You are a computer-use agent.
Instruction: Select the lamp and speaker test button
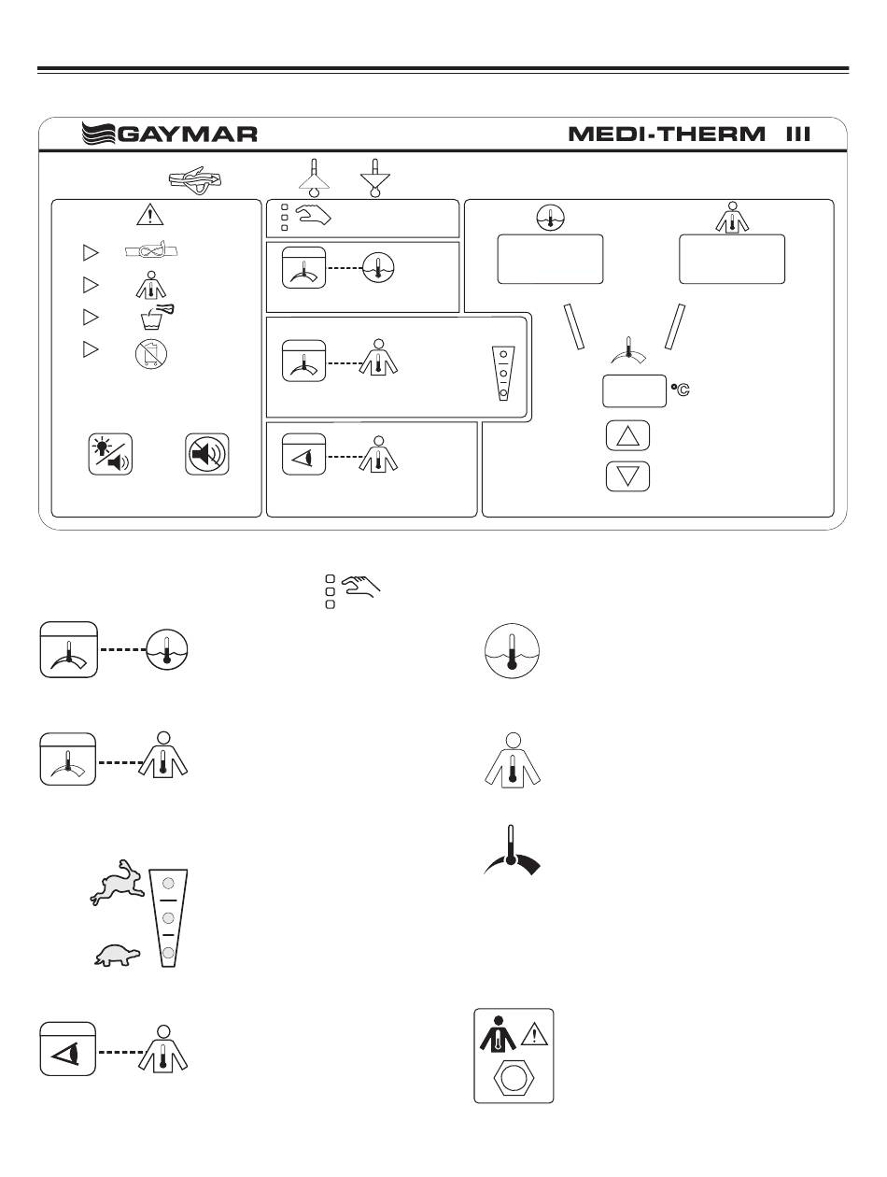109,455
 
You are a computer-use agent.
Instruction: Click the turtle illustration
118,954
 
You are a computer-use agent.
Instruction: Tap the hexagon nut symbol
514,1078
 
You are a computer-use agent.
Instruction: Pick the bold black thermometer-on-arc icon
511,851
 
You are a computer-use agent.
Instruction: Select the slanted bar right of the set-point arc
675,326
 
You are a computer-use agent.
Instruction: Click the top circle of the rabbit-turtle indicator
168,884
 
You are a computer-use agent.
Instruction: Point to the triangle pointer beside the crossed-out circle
91,349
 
